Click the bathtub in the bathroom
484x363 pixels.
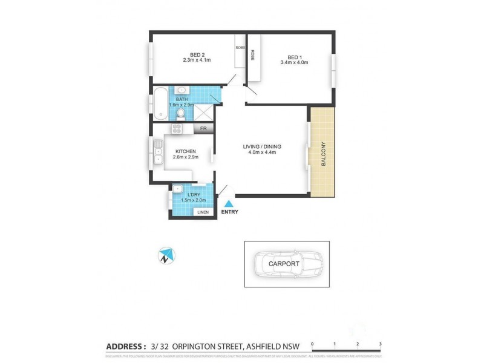[x=159, y=103]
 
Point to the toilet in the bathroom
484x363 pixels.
[x=180, y=112]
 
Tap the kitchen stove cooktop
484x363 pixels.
[x=177, y=128]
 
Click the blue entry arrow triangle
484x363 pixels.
[x=229, y=204]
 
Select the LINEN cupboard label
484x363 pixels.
[x=203, y=212]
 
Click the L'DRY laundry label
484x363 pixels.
[x=194, y=194]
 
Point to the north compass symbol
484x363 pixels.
[x=166, y=256]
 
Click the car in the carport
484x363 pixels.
[x=287, y=264]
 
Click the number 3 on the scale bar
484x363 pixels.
[x=380, y=344]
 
